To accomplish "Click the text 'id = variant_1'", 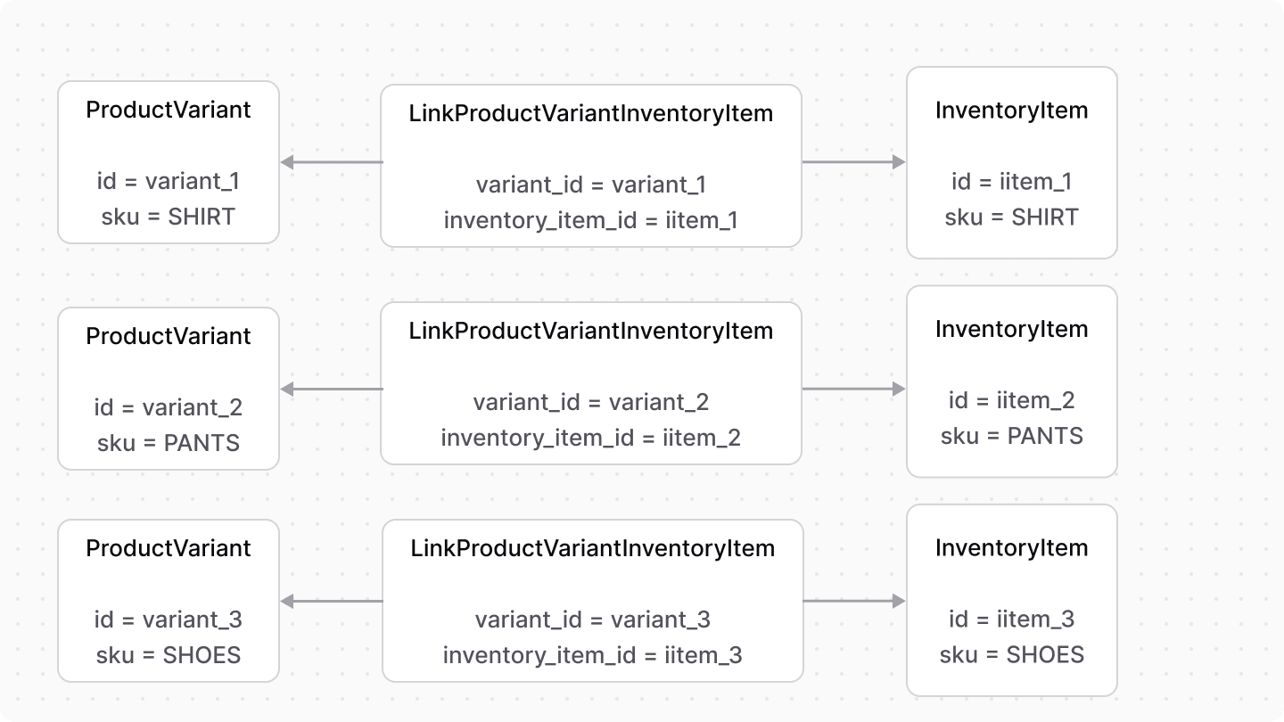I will (x=169, y=182).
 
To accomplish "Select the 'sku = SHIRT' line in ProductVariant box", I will (x=169, y=217).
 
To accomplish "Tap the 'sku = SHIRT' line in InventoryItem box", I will (x=1011, y=217).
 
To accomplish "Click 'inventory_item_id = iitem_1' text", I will (x=590, y=220).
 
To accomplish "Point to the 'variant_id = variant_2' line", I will (x=590, y=402).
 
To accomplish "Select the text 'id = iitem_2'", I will (x=1011, y=400).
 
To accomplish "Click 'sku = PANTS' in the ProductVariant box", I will (x=169, y=443).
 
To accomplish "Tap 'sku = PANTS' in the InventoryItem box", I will (x=1011, y=436).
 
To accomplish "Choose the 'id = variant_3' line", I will (x=169, y=619).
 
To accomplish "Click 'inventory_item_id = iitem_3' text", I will (x=592, y=655).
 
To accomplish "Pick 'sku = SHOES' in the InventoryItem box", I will (x=1011, y=655).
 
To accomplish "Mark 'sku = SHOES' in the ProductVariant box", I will (x=169, y=655).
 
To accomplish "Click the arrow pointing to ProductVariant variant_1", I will (x=331, y=162).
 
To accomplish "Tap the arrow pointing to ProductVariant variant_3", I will (x=331, y=602).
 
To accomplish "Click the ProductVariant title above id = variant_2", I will (x=169, y=336).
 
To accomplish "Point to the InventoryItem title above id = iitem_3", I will (x=1011, y=548).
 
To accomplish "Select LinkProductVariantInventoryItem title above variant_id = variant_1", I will (x=590, y=113).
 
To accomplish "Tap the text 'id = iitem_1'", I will (x=1011, y=182).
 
